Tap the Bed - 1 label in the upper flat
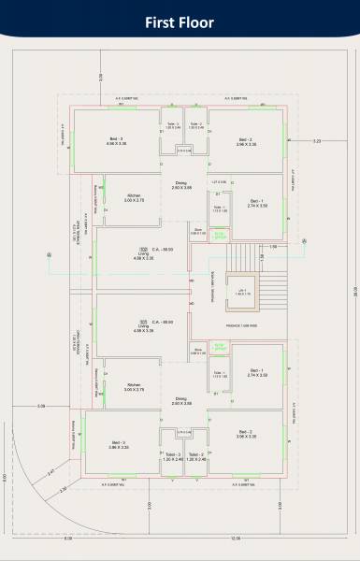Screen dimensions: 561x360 tap(257, 201)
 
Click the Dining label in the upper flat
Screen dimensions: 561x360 tap(181, 183)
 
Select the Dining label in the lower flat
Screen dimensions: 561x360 tap(181, 400)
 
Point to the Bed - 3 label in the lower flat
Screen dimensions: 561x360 tap(118, 443)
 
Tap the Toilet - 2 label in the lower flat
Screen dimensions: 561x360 tap(195, 454)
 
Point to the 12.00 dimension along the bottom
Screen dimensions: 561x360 tap(235, 538)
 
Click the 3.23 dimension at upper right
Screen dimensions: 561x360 tap(317, 141)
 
